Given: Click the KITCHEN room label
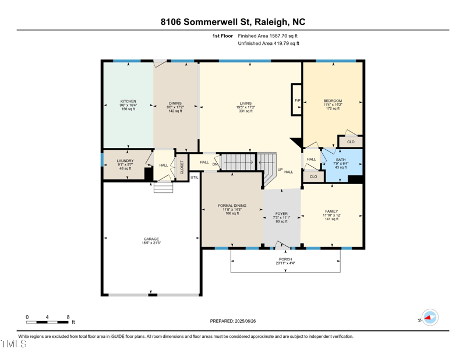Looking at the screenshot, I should click(128, 101).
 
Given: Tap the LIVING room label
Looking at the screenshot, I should click(245, 103).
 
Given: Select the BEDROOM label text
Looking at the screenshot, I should click(333, 101).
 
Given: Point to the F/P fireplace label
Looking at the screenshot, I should click(297, 101).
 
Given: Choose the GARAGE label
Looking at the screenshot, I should click(151, 239).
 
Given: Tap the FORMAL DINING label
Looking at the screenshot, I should click(232, 206).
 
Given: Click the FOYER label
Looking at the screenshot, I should click(282, 214).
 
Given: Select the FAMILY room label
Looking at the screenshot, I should click(331, 211).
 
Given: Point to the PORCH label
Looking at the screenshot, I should click(285, 259).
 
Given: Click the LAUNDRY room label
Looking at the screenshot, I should click(125, 161).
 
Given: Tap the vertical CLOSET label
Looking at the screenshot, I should click(182, 168).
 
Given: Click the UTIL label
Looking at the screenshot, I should click(194, 177).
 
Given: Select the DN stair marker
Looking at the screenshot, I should click(215, 164).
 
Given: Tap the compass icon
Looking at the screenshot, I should click(430, 317).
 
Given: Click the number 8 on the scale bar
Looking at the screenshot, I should click(68, 317).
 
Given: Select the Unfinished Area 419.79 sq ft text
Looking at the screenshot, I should click(269, 43).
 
